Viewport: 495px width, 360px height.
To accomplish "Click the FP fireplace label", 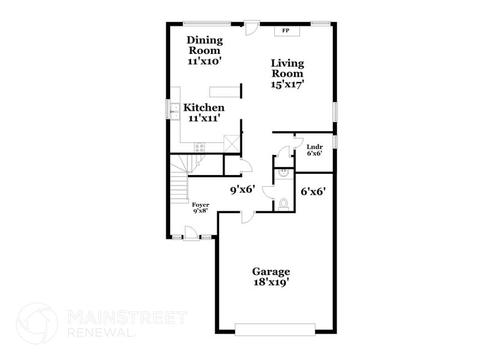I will click(285, 30).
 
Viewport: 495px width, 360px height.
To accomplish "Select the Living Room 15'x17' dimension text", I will click(288, 84).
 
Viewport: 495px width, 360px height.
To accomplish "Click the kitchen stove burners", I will click(199, 146).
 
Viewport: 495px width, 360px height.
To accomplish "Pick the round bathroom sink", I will click(283, 174).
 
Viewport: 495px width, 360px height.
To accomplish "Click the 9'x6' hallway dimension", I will click(242, 190).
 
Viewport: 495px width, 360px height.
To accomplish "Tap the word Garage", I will click(271, 271).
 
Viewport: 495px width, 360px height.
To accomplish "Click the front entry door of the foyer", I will click(191, 233).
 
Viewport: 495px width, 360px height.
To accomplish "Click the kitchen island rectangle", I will click(224, 92).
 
